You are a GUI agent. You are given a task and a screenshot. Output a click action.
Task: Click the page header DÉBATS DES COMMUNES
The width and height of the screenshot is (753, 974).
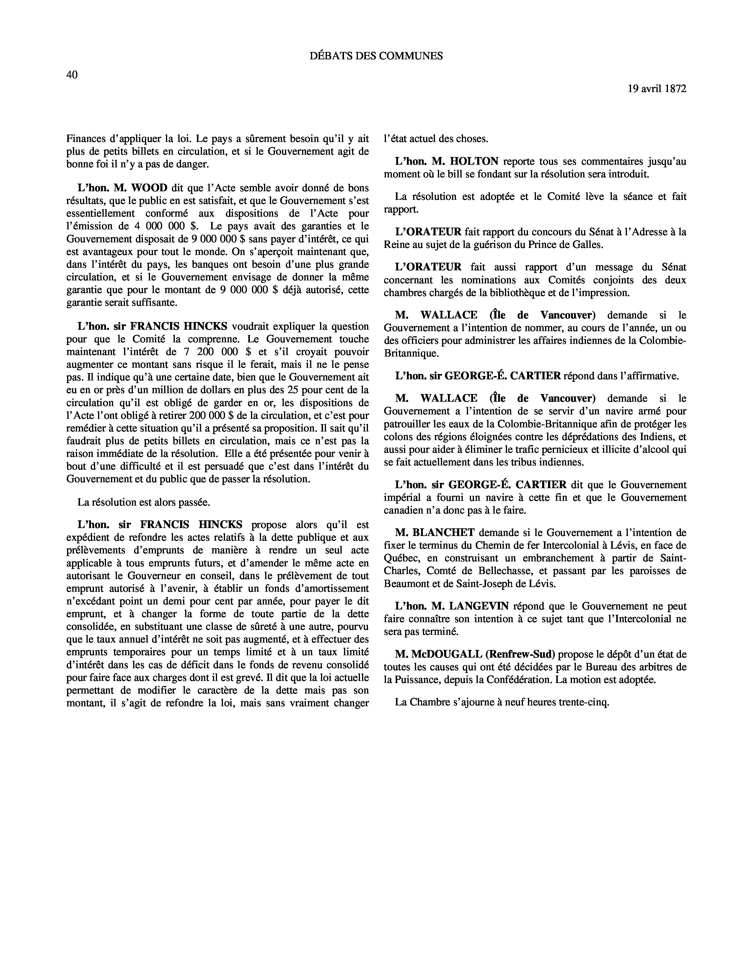[x=376, y=56]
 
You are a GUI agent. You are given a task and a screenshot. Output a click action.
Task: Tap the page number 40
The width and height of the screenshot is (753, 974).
[x=72, y=75]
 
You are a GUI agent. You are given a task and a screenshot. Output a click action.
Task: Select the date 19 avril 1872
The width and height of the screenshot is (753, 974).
[x=657, y=89]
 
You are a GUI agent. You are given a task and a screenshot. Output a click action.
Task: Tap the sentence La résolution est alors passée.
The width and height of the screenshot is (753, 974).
[x=144, y=502]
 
